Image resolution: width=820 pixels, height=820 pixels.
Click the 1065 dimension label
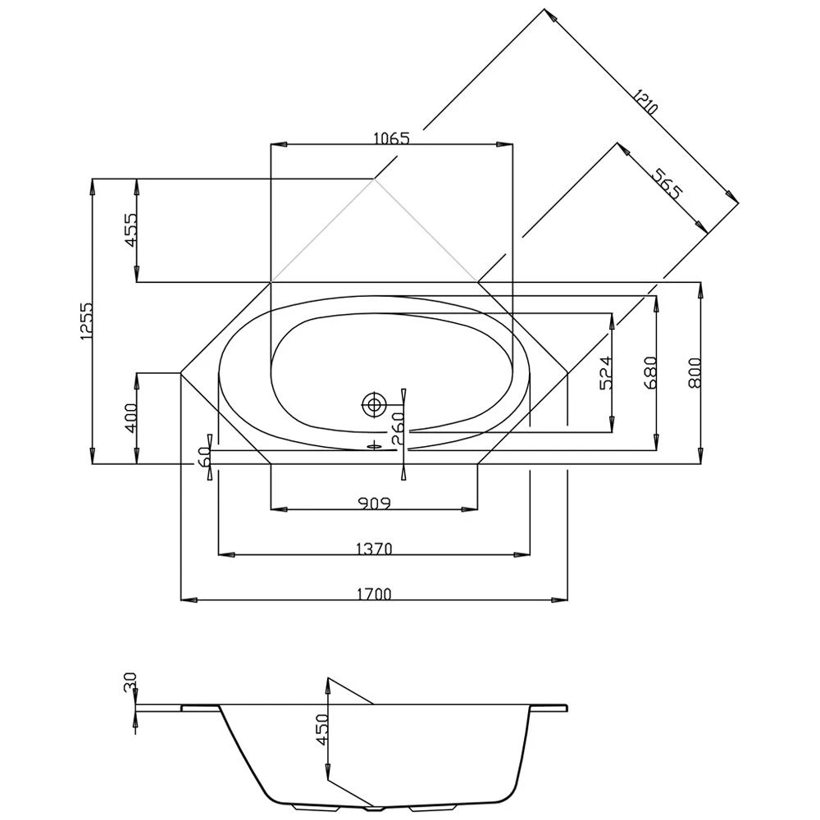pos(390,138)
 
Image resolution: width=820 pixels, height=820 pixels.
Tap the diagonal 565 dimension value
pos(666,183)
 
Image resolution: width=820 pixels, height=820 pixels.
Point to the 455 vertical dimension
pos(128,230)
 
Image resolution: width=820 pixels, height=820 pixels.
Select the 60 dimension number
pos(203,457)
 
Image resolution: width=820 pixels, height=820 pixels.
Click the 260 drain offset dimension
pos(397,427)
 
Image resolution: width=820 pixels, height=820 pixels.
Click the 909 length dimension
pos(374,502)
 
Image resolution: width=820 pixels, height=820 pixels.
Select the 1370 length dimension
pos(374,548)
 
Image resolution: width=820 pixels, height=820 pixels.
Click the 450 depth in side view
pos(320,728)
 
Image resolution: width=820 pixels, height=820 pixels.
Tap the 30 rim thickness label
pos(129,683)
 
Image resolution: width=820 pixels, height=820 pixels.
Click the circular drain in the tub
pos(375,403)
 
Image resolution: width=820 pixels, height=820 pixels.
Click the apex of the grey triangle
pos(375,178)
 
